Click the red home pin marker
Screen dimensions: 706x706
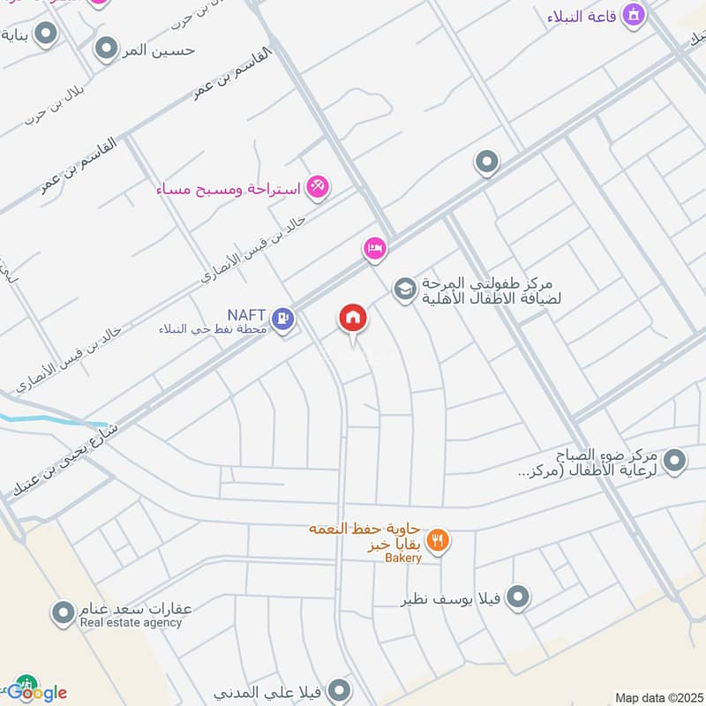[353, 319]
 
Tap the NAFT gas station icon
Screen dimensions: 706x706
[282, 318]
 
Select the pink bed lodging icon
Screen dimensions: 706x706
[374, 249]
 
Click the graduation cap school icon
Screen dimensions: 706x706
[404, 289]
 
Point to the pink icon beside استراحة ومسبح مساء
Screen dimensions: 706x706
[318, 186]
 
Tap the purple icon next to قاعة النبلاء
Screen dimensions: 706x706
[633, 14]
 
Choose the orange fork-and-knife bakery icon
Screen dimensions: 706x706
[438, 540]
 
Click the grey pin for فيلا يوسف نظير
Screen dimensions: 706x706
[518, 597]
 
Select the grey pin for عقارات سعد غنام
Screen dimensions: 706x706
[63, 611]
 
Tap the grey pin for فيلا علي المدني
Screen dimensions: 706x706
[338, 689]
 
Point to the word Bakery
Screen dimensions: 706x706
[403, 558]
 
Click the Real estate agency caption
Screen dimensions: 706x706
[131, 623]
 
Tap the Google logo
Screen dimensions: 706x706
[36, 692]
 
